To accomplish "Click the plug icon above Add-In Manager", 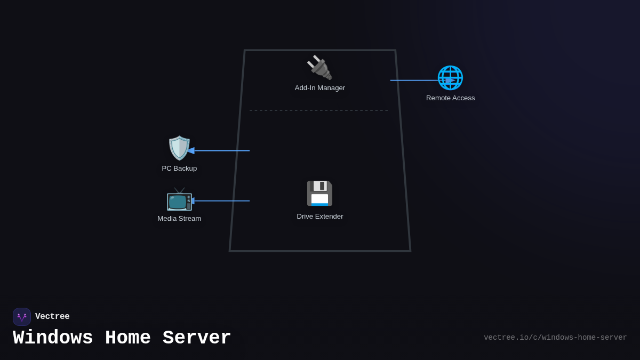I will point(319,68).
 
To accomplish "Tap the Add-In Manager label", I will point(319,88).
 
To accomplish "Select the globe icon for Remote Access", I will point(450,78).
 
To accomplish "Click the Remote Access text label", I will point(450,98).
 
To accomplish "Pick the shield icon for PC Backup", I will point(179,148).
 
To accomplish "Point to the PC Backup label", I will point(179,169).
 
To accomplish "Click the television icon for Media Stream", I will point(179,199).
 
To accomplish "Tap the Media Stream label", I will point(179,219).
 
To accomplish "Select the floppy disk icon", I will point(319,193).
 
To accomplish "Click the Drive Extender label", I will point(319,217).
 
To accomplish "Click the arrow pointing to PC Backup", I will point(219,151).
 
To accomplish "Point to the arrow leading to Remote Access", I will point(419,81).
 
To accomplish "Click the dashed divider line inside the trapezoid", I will point(318,110).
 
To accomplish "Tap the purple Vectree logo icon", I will point(22,317).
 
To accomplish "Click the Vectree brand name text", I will point(52,317).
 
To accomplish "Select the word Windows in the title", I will point(53,338).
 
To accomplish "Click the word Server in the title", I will point(197,338).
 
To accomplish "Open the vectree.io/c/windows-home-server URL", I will point(555,338).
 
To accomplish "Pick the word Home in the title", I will point(128,338).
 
